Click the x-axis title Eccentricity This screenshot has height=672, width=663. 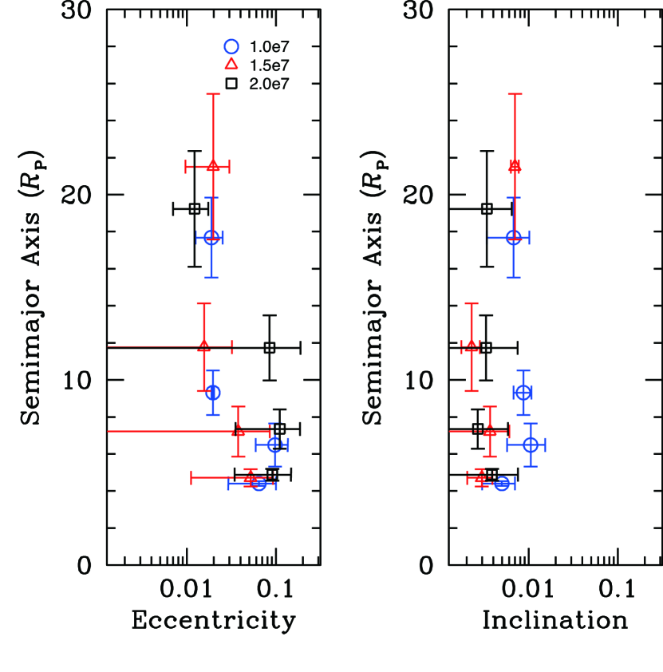click(x=213, y=621)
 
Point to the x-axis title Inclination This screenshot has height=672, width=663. click(x=554, y=621)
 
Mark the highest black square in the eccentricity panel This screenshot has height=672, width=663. click(x=194, y=209)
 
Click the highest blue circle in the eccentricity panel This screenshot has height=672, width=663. click(x=211, y=237)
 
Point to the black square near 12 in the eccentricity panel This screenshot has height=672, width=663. click(x=270, y=347)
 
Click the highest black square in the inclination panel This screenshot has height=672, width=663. click(x=487, y=209)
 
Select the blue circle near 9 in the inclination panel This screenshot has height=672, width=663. click(x=523, y=393)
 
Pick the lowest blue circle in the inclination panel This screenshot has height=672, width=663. click(x=501, y=484)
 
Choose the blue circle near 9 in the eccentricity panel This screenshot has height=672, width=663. click(x=212, y=393)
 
